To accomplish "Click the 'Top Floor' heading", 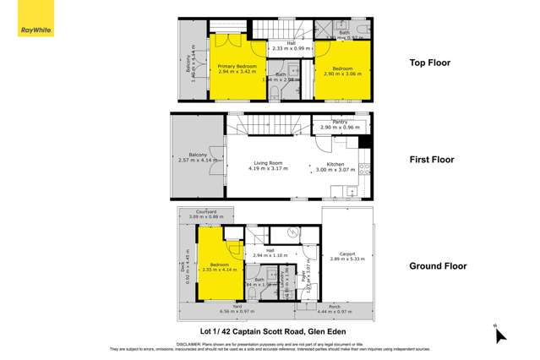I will [x=429, y=63].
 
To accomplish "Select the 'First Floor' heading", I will [x=432, y=160].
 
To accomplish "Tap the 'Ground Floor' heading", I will [x=438, y=266].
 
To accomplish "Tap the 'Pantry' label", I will [x=340, y=122].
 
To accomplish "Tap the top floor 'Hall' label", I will [x=291, y=43].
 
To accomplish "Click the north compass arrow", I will [x=499, y=335].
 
